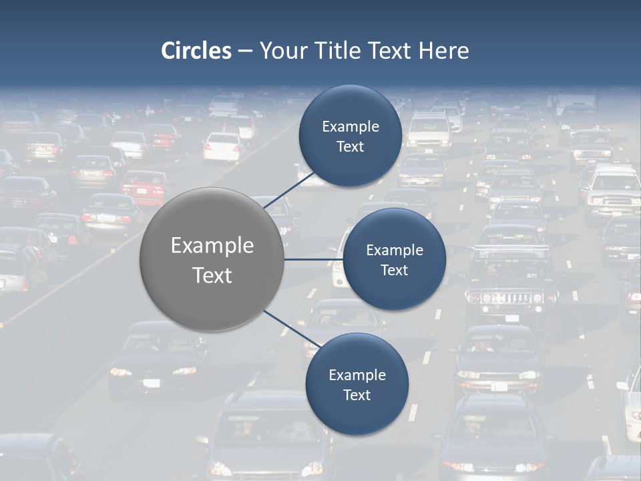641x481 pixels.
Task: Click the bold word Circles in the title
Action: click(x=196, y=51)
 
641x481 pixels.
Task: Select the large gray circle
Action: click(x=212, y=259)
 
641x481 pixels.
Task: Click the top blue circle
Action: click(x=350, y=136)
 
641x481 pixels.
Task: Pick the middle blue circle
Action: click(x=394, y=259)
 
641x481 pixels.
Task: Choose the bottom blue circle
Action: click(x=357, y=384)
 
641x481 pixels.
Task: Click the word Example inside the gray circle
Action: click(x=212, y=245)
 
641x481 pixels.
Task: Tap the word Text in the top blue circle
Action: click(x=350, y=146)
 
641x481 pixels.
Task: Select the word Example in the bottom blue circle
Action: click(x=357, y=375)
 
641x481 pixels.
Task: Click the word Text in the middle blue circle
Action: click(x=394, y=270)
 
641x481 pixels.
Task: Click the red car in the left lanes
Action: click(x=144, y=186)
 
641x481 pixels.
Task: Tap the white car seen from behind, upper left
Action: click(x=222, y=147)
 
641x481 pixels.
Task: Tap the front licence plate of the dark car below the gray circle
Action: click(x=152, y=383)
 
